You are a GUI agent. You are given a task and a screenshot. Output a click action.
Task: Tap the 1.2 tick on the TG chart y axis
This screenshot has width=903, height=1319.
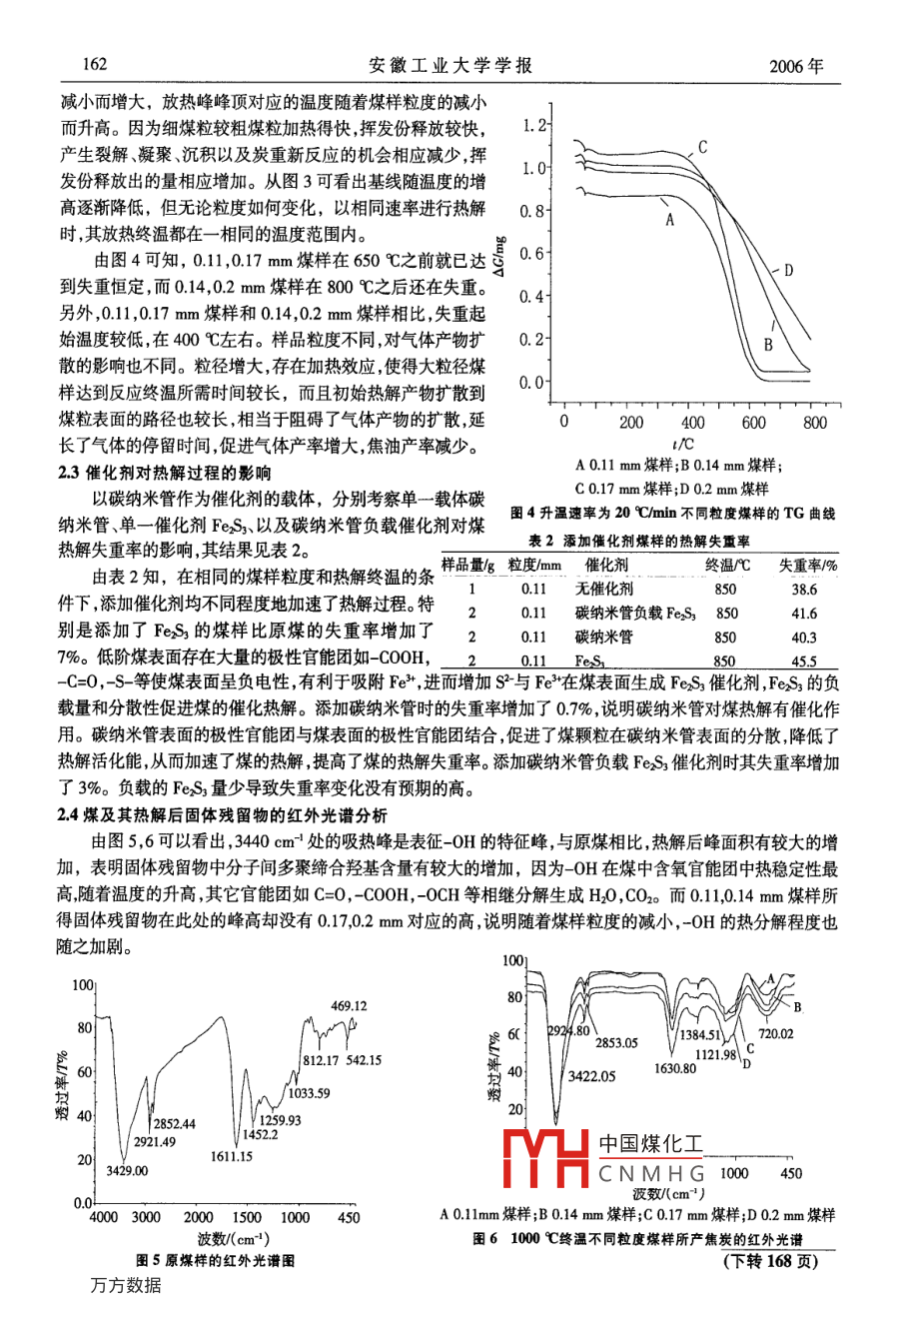pos(534,126)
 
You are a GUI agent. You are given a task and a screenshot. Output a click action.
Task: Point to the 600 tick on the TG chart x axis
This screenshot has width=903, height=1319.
pos(753,422)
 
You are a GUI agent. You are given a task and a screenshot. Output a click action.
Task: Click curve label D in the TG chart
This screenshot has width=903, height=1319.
pos(788,270)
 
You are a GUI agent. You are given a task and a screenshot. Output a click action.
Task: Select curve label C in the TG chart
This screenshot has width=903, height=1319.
pos(703,148)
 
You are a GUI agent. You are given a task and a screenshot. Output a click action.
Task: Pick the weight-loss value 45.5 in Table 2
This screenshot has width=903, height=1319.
pos(804,660)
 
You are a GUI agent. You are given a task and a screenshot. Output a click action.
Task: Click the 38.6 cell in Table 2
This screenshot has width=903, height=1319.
pos(804,589)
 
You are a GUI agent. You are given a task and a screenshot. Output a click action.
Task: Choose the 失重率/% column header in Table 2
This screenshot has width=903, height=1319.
pos(808,566)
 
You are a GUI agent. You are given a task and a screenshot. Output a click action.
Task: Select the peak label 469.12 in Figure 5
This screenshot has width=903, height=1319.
pos(349,1006)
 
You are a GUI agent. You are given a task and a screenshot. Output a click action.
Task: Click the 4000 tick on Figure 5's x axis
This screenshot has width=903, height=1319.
pos(104,1217)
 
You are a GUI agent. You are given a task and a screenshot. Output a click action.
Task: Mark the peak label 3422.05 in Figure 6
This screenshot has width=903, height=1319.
pos(591,1076)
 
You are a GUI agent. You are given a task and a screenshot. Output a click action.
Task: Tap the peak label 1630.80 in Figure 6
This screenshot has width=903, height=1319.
pos(675,1068)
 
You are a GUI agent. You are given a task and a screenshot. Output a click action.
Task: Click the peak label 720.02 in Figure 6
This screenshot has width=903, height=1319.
pos(776,1033)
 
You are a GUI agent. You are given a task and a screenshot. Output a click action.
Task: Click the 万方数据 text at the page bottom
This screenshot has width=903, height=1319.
pos(125,1285)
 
